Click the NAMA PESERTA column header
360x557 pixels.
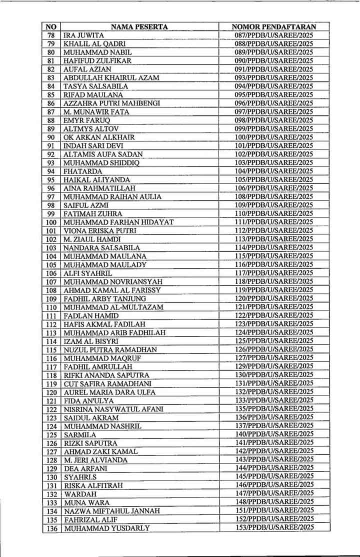[x=139, y=27]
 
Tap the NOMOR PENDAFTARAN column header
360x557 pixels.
[x=274, y=27]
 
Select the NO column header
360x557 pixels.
[x=51, y=27]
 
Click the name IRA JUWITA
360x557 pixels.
[x=83, y=35]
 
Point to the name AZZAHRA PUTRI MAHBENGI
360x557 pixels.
[x=111, y=103]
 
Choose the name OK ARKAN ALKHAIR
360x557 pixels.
[x=99, y=137]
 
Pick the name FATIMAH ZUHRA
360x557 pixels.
[x=93, y=213]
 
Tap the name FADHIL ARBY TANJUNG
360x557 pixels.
[x=105, y=298]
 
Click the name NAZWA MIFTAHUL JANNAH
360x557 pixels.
[x=112, y=511]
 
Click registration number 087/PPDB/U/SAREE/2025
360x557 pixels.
[x=274, y=35]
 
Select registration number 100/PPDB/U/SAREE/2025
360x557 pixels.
[x=274, y=137]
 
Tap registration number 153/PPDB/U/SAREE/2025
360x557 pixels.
[x=274, y=527]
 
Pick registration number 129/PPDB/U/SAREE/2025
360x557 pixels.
[x=274, y=366]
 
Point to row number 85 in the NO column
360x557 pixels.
[x=51, y=94]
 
